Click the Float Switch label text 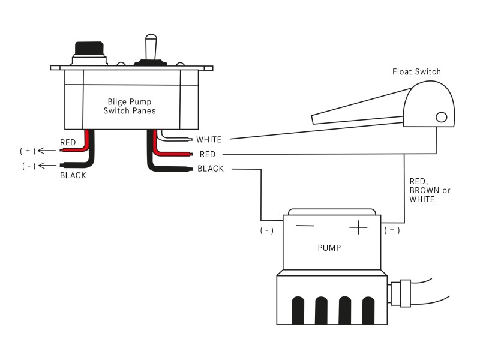tap(416, 72)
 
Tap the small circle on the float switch tap(442, 117)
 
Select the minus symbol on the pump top tap(305, 226)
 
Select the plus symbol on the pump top tap(358, 227)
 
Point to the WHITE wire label tap(209, 140)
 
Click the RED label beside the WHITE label tap(207, 154)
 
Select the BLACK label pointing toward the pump tap(211, 169)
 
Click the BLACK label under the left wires tap(73, 176)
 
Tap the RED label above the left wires tap(68, 143)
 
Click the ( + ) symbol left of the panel tap(28, 151)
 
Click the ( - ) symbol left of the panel tap(28, 166)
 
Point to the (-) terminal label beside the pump tap(267, 230)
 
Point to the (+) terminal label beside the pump tap(391, 230)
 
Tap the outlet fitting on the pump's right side tap(400, 293)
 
